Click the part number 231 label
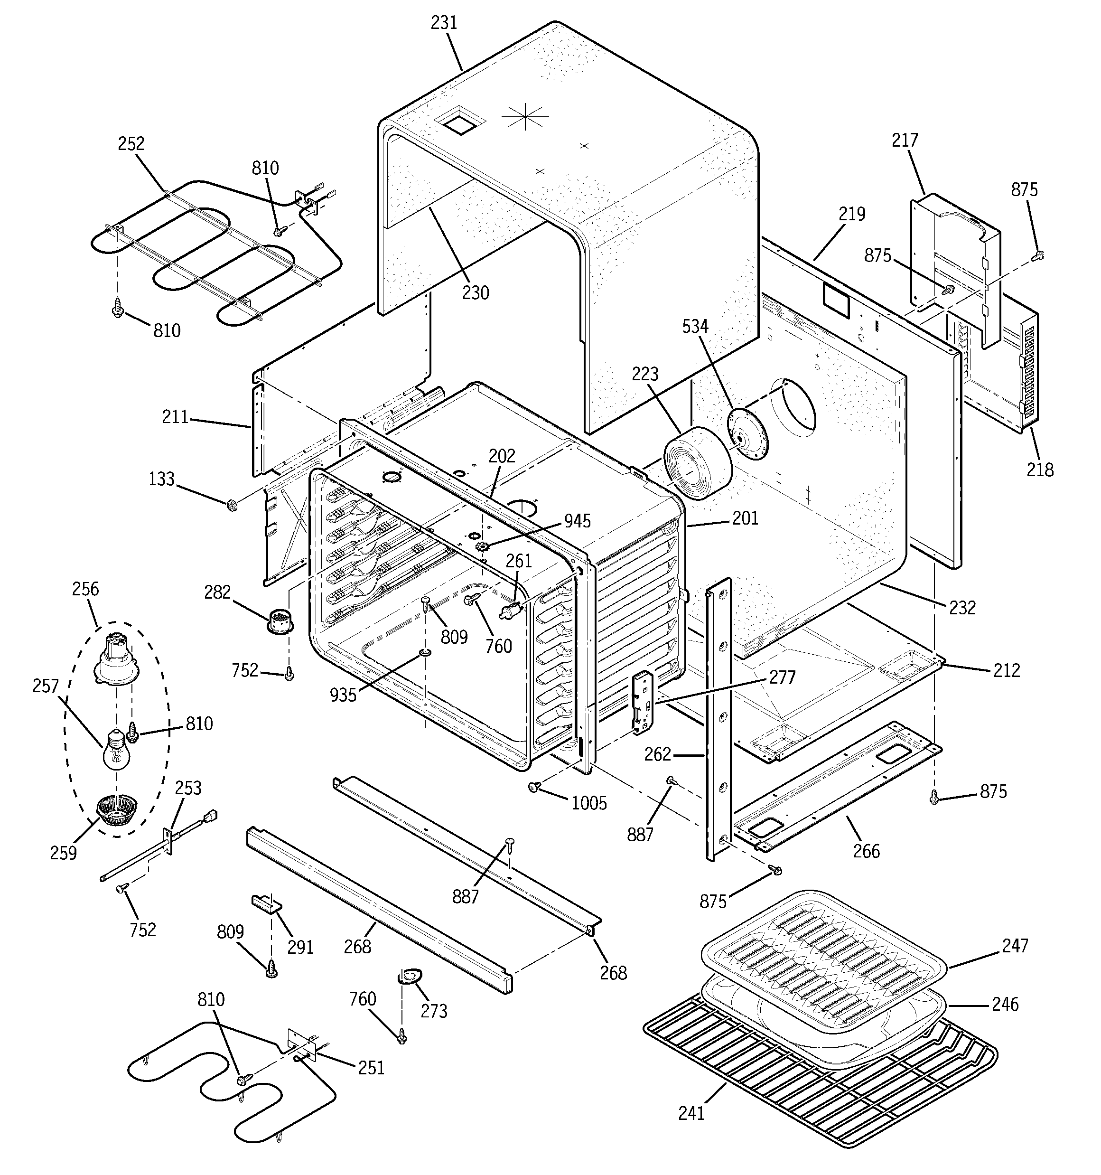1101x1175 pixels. point(444,22)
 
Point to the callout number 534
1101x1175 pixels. point(695,326)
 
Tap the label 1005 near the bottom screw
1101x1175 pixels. point(589,803)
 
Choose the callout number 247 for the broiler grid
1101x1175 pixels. point(1015,946)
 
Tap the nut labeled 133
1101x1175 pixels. point(232,505)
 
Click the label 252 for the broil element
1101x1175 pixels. point(131,144)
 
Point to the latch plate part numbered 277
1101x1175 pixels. point(643,703)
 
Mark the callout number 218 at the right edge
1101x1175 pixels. point(1039,470)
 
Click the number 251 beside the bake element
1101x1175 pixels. point(371,1067)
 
